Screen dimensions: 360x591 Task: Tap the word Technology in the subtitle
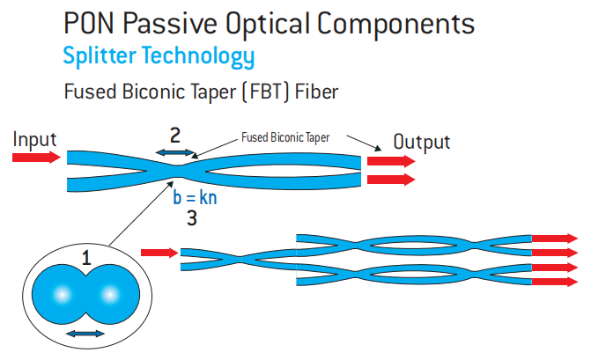199,57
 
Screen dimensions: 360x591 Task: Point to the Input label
35,139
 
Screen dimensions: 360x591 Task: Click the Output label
421,142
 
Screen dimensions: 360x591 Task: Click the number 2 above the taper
175,136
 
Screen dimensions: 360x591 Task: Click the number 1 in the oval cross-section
86,259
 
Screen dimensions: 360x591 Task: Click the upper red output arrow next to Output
391,162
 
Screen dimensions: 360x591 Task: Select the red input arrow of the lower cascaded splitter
159,253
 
